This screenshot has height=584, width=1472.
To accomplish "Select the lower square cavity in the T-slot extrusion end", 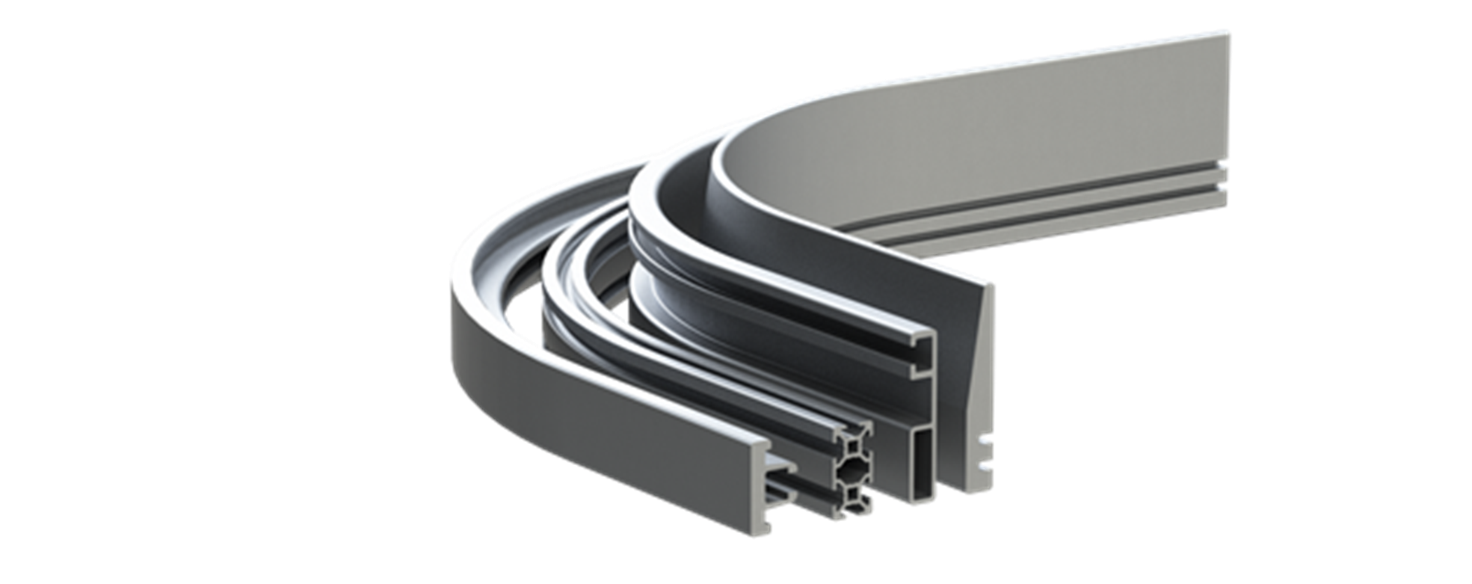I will coord(853,495).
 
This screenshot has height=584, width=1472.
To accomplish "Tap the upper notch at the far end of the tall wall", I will coord(1224,169).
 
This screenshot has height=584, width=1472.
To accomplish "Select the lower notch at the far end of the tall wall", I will coord(1224,188).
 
